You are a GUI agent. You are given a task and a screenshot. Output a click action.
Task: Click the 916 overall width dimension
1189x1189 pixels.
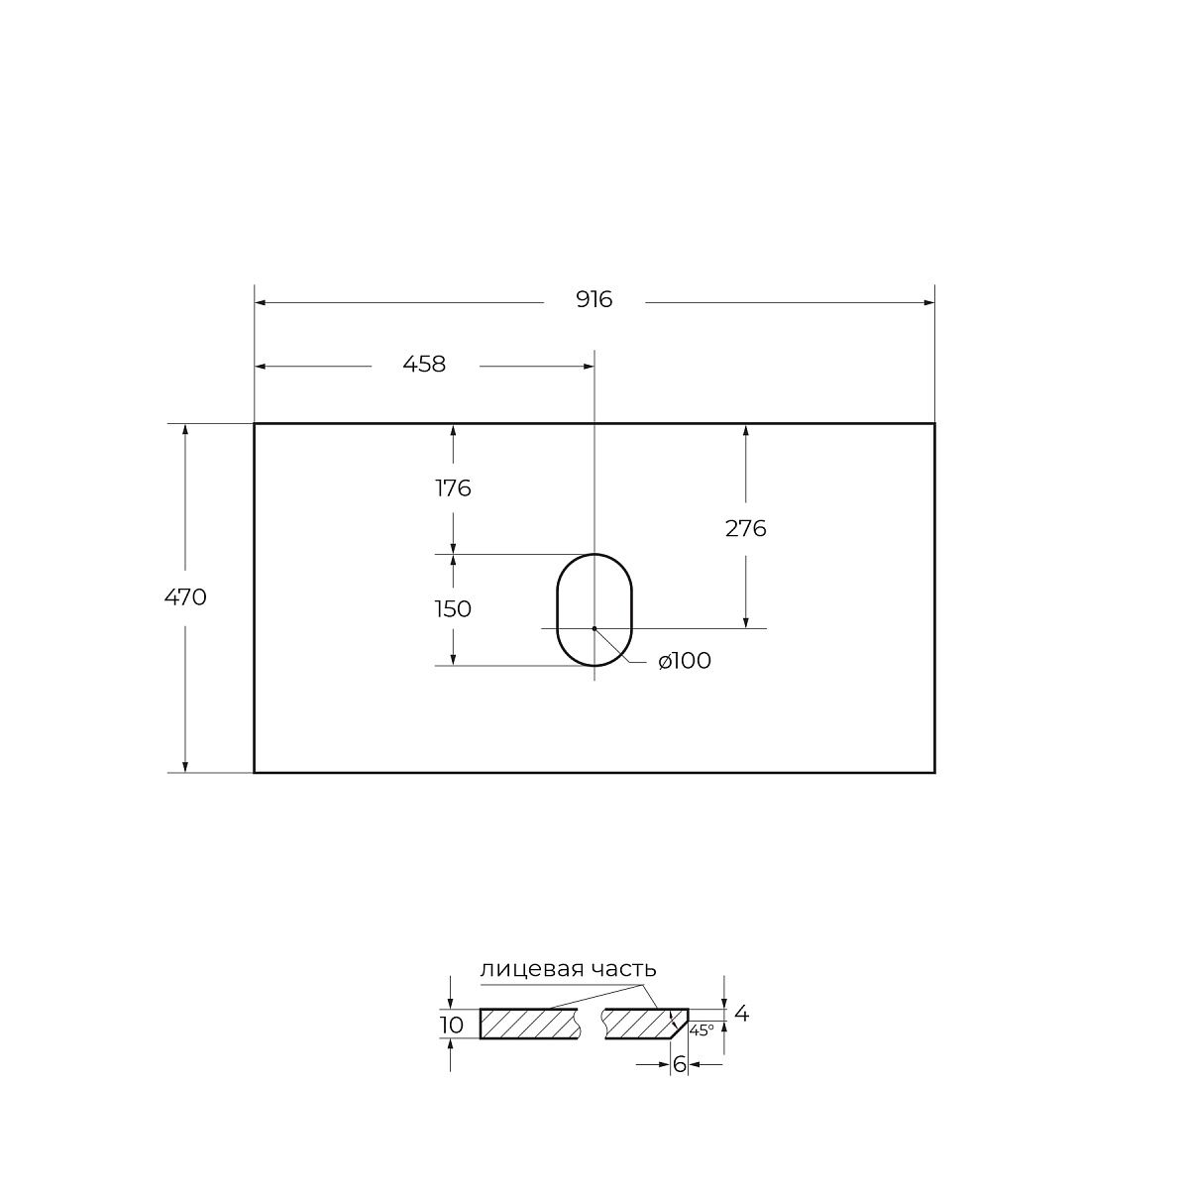coord(594,300)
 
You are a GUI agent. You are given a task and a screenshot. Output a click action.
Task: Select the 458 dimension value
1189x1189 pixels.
coord(424,364)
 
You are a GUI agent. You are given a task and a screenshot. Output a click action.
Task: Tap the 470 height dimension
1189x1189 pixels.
coord(185,596)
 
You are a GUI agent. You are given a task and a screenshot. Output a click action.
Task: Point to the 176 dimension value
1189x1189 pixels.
coord(453,488)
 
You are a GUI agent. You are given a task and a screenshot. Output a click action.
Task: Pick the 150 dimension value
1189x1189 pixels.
coord(453,609)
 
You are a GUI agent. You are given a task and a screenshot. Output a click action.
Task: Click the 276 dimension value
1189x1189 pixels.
coord(745,528)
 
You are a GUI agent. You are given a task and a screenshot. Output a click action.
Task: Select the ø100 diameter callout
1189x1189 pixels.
coord(685,661)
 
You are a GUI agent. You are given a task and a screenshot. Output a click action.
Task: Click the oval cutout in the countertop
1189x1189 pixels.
coord(557,609)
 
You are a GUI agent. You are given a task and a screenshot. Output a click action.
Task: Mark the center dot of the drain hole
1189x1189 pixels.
coord(594,628)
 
